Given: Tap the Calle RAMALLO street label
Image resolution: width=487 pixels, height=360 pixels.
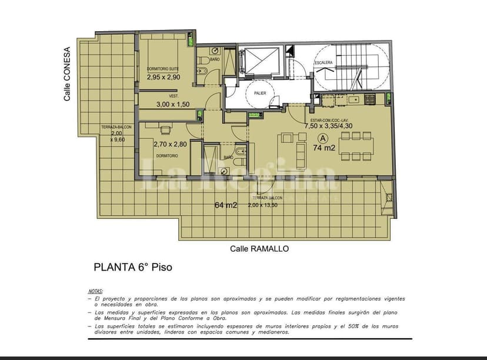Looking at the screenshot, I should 259,249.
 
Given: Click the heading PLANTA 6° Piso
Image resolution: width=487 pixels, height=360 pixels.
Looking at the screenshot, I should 133,267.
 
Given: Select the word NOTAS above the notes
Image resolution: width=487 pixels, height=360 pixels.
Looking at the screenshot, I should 95,291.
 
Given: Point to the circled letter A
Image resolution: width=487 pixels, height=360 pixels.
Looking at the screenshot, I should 322,138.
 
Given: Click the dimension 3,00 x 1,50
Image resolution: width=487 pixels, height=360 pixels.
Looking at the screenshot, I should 173,104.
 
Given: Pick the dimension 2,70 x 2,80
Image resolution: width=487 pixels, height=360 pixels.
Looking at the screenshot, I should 169,144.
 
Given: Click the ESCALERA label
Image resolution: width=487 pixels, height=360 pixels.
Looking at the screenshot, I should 324,62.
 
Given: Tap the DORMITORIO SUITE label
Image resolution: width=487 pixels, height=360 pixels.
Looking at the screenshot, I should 164,69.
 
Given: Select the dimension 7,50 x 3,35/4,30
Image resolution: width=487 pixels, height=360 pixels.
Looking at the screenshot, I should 328,125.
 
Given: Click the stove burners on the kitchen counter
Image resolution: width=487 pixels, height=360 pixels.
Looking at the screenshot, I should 370,99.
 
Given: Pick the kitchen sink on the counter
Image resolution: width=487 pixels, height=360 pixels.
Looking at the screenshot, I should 353,99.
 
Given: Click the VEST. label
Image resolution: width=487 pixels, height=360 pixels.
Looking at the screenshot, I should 174,96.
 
